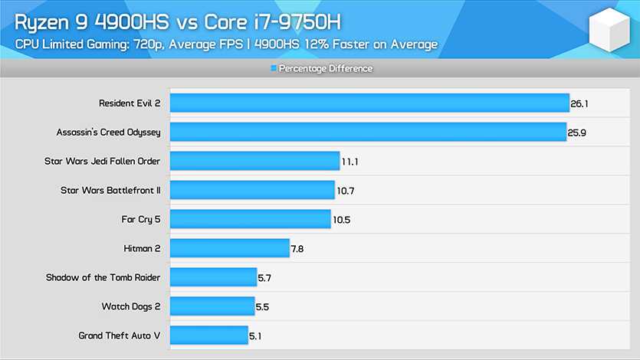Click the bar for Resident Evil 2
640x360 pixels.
click(x=369, y=103)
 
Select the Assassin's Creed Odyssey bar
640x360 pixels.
click(x=368, y=132)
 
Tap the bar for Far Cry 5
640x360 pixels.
click(x=250, y=219)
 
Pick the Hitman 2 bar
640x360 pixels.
click(x=229, y=248)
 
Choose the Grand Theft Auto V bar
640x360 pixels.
click(x=208, y=335)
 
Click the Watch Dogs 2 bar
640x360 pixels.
click(x=212, y=306)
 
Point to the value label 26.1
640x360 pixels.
click(x=579, y=103)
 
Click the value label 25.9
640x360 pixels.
click(x=579, y=132)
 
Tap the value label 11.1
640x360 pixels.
click(x=351, y=161)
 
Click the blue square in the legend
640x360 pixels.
click(x=273, y=69)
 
